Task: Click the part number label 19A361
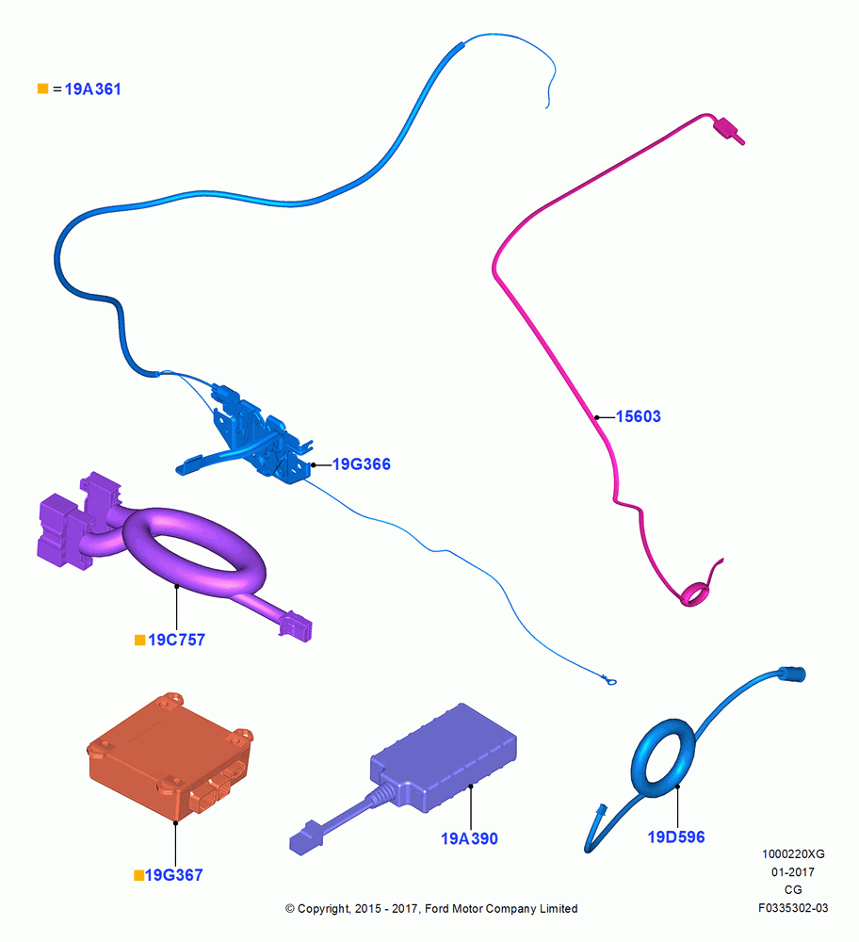(x=92, y=89)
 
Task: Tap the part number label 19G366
(x=362, y=464)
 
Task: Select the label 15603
(x=639, y=416)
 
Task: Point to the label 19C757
(x=177, y=640)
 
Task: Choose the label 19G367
(x=174, y=875)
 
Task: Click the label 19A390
(x=469, y=838)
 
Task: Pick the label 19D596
(x=675, y=836)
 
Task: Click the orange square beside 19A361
(x=42, y=89)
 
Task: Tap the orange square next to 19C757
(x=140, y=641)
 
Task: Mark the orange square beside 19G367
(x=138, y=876)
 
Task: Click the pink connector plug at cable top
(x=728, y=130)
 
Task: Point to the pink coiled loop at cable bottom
(x=694, y=594)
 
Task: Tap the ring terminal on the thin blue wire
(x=609, y=681)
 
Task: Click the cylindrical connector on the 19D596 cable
(x=792, y=674)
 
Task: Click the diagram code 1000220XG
(x=793, y=853)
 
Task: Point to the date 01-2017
(x=793, y=871)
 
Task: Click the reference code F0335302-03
(x=793, y=908)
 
